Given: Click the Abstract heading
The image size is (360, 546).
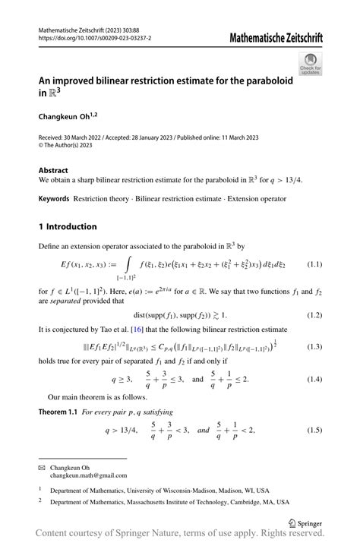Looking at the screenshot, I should point(53,171).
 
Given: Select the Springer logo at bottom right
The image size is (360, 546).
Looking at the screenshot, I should point(306,523).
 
